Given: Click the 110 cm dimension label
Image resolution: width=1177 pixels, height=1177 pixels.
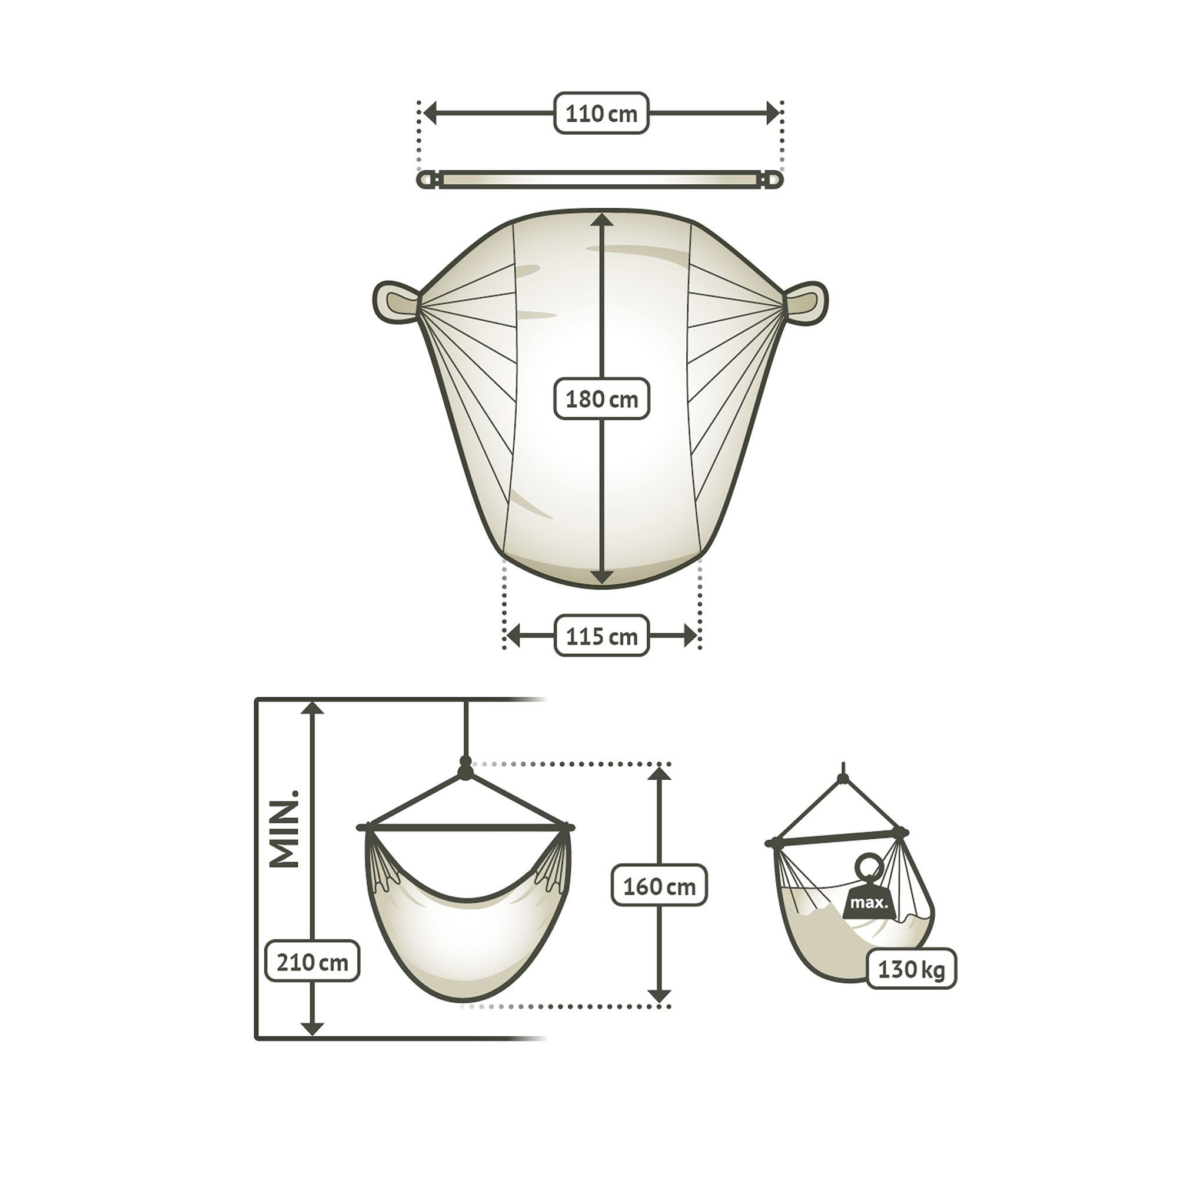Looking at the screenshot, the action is [601, 114].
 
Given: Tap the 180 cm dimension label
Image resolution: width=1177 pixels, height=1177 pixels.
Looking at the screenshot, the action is [601, 400].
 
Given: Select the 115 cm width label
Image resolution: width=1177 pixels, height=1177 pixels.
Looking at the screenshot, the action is [601, 636].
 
